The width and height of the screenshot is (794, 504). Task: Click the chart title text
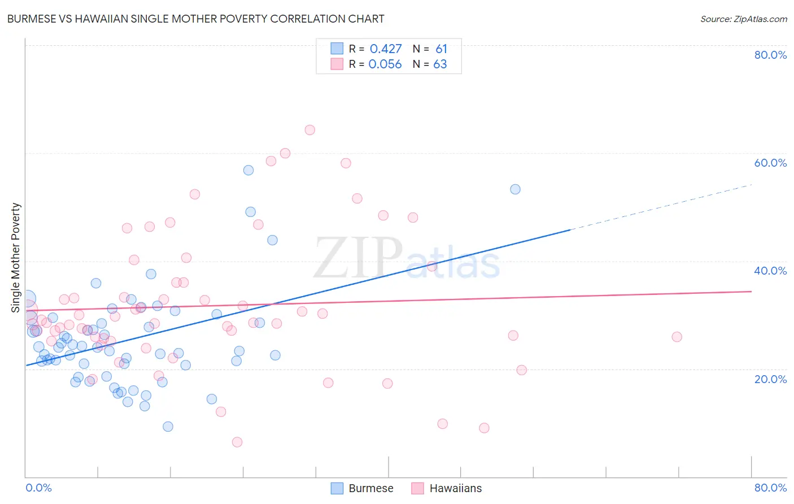tap(195, 19)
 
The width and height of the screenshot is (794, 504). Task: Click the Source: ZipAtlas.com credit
tap(743, 19)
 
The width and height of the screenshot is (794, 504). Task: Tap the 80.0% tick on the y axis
tap(770, 55)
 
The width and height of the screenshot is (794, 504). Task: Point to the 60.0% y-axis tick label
tap(770, 163)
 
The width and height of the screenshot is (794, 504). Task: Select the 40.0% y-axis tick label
tap(770, 271)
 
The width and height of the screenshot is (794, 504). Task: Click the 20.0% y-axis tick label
tap(770, 379)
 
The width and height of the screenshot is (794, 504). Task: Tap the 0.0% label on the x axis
tap(38, 488)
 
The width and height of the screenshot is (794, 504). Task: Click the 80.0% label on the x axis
tap(770, 488)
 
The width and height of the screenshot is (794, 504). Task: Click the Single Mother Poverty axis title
tap(16, 258)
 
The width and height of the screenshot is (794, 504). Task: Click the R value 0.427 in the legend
tap(386, 49)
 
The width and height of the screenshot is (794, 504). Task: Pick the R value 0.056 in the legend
tap(385, 64)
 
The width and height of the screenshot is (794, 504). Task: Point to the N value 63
tap(440, 64)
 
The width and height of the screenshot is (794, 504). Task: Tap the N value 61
tap(441, 49)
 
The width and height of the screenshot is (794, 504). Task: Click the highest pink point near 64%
tap(309, 130)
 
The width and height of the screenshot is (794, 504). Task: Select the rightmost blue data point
tap(515, 189)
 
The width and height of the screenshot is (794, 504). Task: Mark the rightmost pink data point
tap(677, 337)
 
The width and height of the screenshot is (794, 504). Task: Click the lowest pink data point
tap(237, 442)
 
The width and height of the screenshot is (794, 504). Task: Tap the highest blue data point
tap(248, 170)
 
